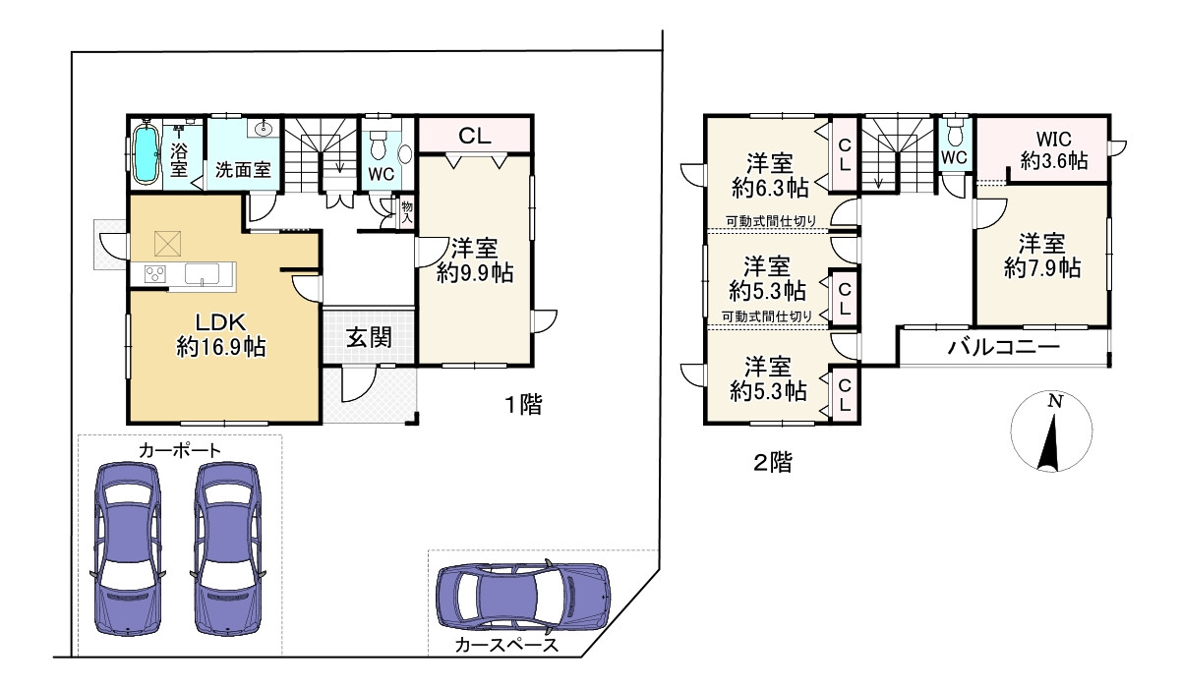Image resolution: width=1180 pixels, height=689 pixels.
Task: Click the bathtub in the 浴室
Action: [146, 152]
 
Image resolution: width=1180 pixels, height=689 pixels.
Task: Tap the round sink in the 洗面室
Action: [263, 128]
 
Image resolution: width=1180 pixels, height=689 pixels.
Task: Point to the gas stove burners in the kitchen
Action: [155, 273]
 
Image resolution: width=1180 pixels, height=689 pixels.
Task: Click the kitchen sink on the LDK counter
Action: [202, 273]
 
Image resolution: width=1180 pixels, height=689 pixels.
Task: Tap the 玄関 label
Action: [370, 337]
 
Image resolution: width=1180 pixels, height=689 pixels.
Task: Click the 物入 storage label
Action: [407, 211]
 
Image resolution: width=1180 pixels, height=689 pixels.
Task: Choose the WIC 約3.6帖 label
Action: [1054, 150]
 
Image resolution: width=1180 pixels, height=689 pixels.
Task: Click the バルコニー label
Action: [1004, 347]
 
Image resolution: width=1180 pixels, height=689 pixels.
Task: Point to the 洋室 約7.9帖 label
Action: [1042, 256]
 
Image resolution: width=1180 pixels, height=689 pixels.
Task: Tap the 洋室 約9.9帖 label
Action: [475, 260]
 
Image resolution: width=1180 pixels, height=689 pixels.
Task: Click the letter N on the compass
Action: [1054, 402]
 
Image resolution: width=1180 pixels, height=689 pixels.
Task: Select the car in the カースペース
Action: [523, 597]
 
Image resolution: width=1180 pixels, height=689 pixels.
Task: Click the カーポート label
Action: [179, 450]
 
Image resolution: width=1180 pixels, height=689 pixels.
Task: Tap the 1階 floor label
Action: [523, 404]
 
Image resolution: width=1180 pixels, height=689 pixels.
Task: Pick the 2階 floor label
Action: [773, 462]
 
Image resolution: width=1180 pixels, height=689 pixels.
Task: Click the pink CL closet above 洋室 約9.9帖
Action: [474, 135]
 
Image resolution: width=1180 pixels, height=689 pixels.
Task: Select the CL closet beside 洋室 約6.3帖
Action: [845, 154]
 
